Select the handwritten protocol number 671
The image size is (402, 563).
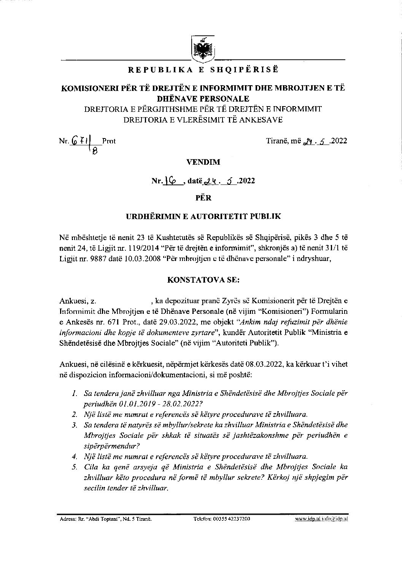[78, 141]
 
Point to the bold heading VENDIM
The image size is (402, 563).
[203, 162]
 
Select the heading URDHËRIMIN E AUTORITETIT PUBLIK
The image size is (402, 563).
[203, 216]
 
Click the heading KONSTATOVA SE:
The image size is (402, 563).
[203, 280]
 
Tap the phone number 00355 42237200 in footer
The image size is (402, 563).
[231, 519]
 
